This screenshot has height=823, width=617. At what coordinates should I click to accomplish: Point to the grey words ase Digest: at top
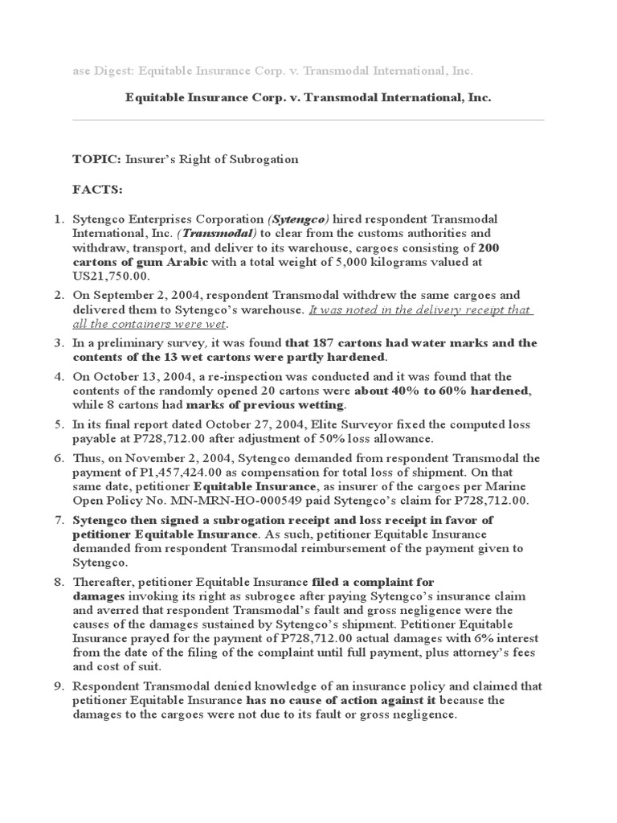click(x=101, y=72)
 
